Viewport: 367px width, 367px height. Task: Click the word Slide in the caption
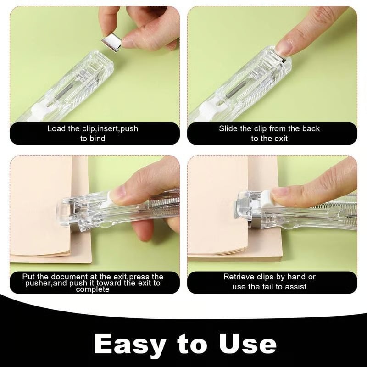click(x=228, y=128)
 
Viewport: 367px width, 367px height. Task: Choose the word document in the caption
click(x=61, y=277)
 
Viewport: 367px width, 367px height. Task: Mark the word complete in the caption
click(x=94, y=289)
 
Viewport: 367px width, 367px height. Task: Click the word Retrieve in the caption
click(x=239, y=277)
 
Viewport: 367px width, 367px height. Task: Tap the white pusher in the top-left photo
click(x=39, y=111)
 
